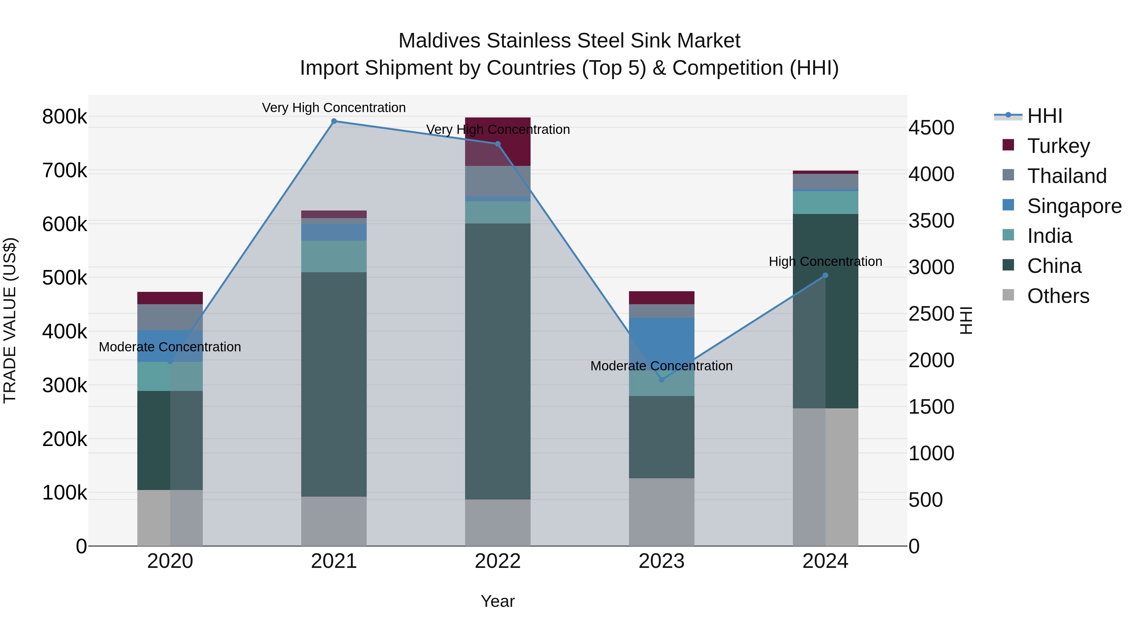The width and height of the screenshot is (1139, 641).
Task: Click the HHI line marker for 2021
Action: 334,121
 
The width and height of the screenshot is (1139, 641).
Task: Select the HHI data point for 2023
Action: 662,380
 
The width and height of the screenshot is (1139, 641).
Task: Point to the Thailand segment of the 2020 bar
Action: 170,317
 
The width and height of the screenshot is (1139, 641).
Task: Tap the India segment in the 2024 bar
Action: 825,203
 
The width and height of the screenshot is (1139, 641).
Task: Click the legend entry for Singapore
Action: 1074,206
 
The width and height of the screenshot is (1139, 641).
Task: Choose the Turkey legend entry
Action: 1058,146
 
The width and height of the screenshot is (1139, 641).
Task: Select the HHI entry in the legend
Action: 1044,116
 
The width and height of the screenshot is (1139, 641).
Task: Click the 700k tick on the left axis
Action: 65,171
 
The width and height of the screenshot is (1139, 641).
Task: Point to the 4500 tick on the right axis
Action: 931,128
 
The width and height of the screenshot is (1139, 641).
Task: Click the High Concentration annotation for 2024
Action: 825,261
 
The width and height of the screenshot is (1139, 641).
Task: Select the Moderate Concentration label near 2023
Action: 662,366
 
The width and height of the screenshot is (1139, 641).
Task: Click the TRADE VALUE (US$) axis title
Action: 10,320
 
